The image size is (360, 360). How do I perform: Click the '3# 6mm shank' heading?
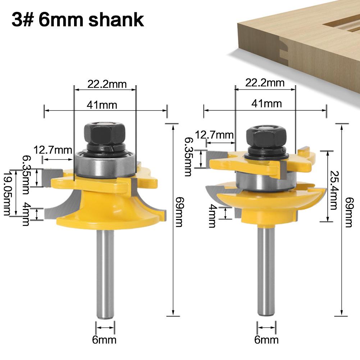78,20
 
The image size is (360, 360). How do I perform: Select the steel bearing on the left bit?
105,164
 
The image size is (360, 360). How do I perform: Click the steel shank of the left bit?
105,273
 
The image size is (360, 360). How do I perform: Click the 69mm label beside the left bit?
179,212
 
